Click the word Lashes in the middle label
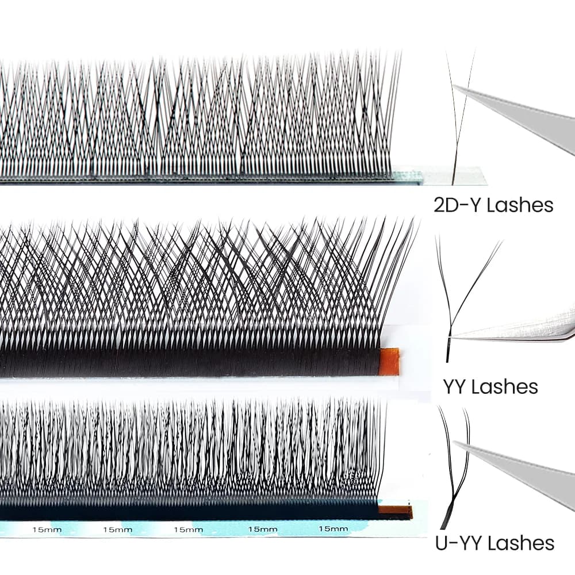(x=505, y=386)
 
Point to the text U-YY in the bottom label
(x=459, y=543)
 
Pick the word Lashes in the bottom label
(x=522, y=543)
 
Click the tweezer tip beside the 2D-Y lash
(x=454, y=87)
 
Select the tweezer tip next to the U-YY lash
(x=455, y=442)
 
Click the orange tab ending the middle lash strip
(x=389, y=362)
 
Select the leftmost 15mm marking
(x=47, y=530)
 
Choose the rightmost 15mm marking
(x=333, y=528)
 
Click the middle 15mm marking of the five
(x=188, y=530)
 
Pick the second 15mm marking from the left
(x=117, y=530)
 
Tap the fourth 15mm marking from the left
(x=263, y=529)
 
